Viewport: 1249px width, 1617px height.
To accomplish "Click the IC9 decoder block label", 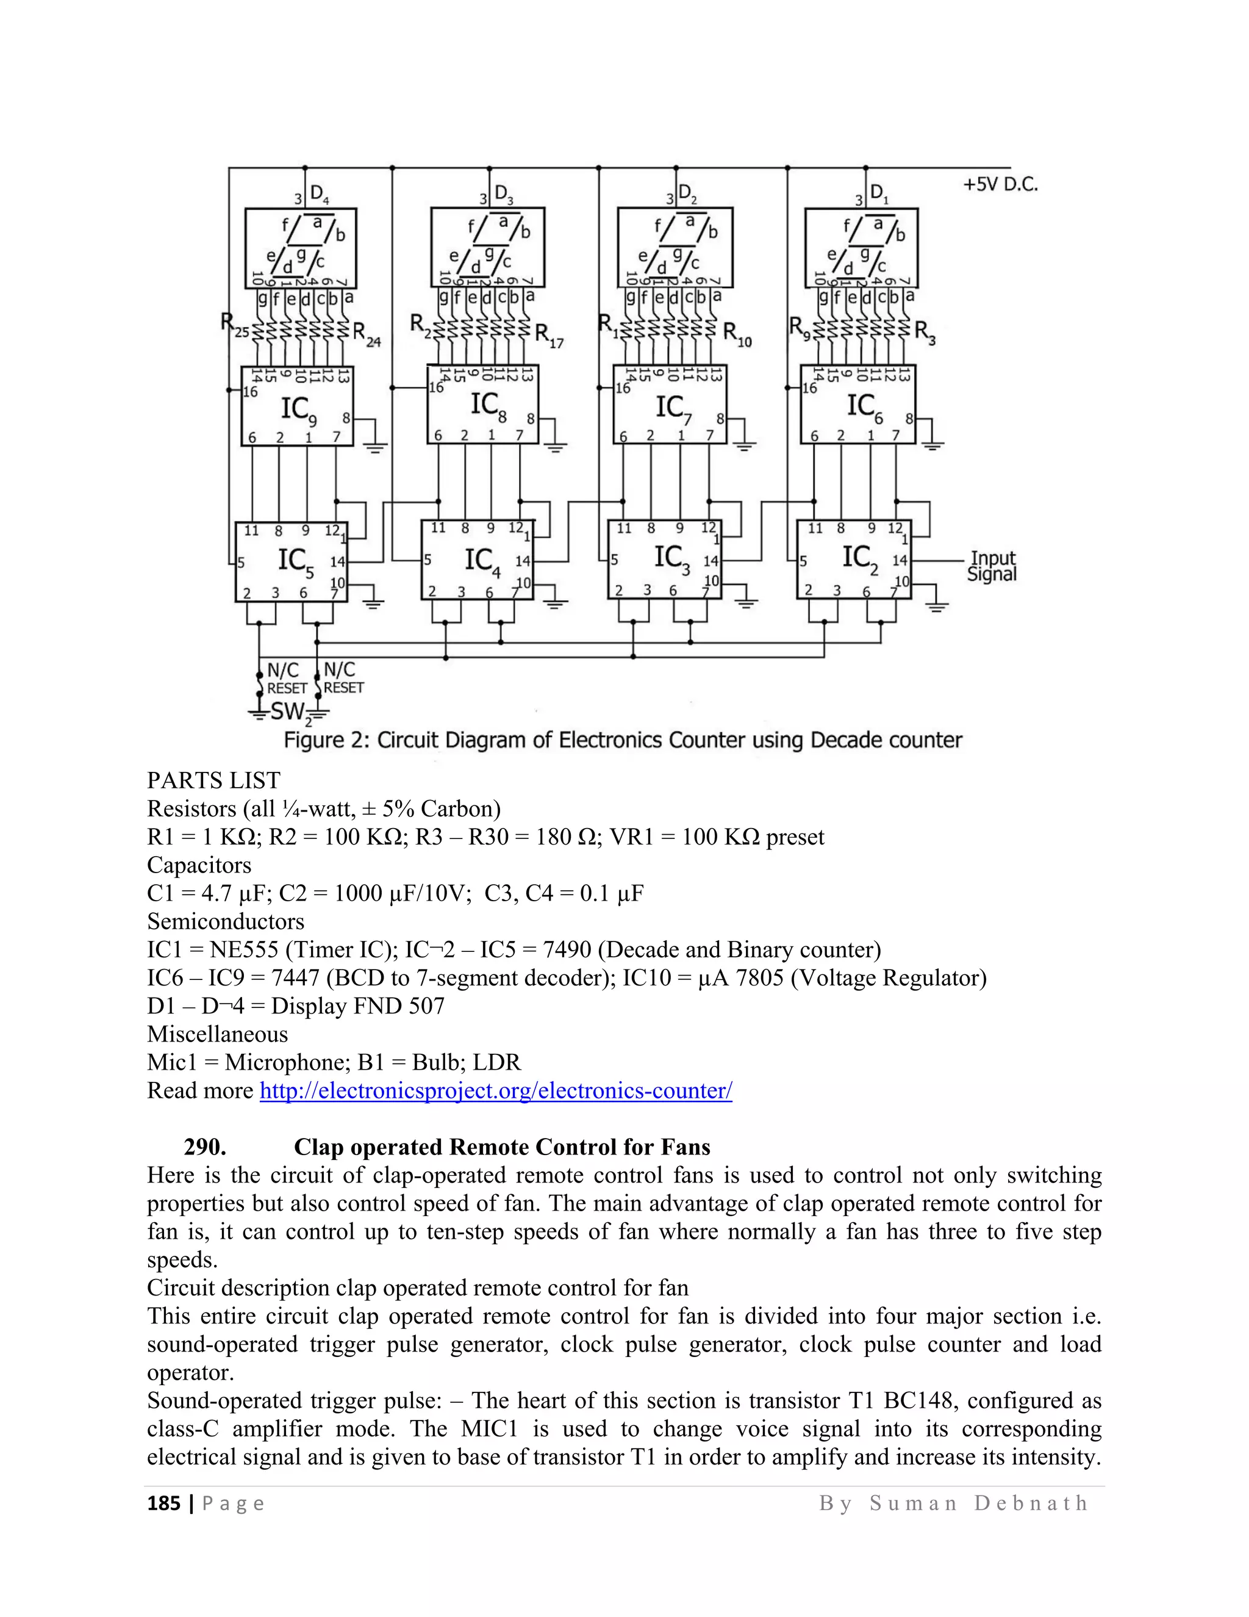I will [x=298, y=410].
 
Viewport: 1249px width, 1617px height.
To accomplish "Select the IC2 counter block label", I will [x=860, y=558].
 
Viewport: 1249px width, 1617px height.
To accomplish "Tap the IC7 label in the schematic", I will [x=673, y=409].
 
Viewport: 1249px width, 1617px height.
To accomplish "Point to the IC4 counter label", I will [x=482, y=561].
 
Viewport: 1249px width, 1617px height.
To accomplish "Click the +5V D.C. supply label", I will [x=1000, y=184].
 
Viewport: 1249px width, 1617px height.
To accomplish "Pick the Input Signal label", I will [x=992, y=566].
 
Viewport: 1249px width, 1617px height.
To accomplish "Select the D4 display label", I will [x=319, y=195].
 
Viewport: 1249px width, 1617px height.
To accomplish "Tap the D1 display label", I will [x=879, y=194].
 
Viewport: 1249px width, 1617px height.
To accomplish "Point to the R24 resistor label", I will [x=367, y=333].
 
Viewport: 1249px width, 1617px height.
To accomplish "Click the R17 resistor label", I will [x=549, y=336].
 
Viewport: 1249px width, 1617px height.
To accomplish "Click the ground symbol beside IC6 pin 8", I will [x=932, y=444].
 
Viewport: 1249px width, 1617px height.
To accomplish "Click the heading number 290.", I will [x=205, y=1147].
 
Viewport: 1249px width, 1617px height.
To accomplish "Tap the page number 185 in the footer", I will [x=163, y=1503].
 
